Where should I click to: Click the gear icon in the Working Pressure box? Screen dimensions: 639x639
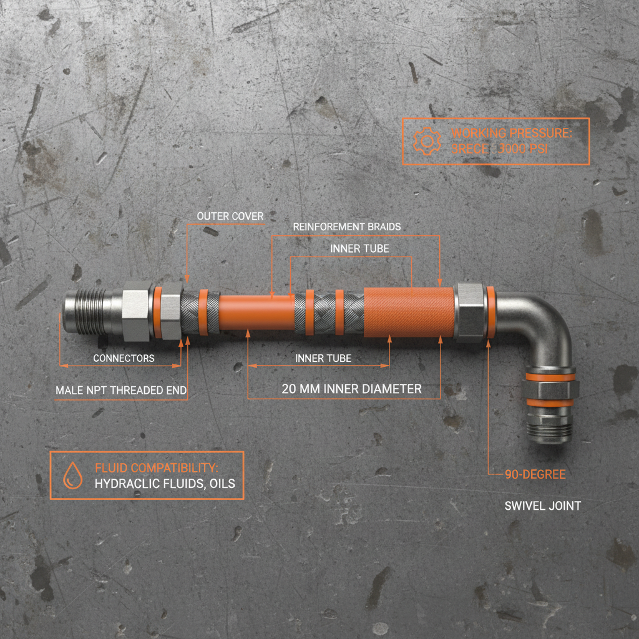[426, 141]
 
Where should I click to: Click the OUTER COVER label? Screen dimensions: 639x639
[230, 216]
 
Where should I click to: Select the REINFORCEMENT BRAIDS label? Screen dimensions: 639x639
[347, 226]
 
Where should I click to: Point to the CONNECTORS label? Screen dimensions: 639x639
[124, 358]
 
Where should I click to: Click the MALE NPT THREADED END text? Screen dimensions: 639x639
[121, 391]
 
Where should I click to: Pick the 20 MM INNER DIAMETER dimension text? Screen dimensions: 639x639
[351, 389]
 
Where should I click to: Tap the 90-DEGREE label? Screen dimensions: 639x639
[535, 474]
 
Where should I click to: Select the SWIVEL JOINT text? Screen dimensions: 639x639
[542, 505]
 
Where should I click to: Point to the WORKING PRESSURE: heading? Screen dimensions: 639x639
[511, 133]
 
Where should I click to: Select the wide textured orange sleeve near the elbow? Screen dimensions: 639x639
[409, 311]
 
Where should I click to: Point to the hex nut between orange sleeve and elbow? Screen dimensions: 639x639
[469, 312]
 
